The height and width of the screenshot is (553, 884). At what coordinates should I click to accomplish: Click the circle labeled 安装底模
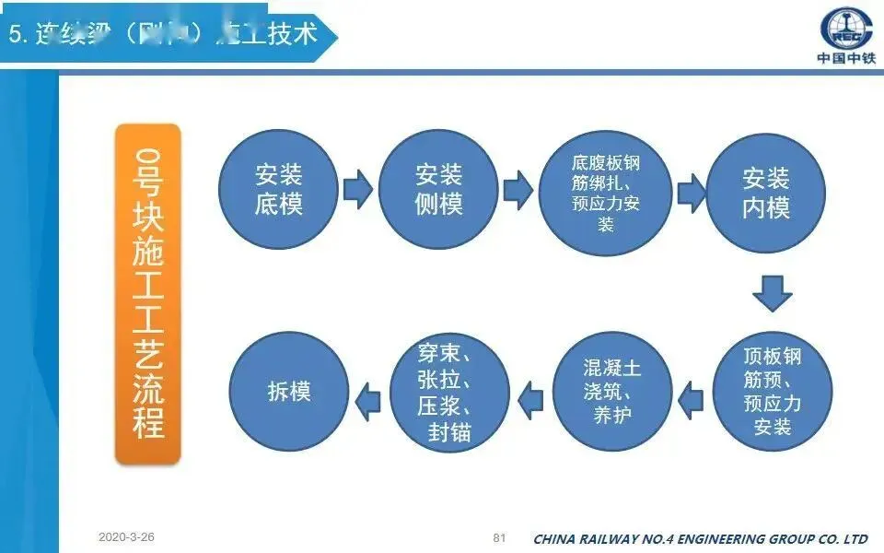[279, 192]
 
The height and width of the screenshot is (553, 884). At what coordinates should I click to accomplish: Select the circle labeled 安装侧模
[438, 192]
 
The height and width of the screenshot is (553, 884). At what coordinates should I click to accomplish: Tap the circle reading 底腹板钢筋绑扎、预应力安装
[605, 192]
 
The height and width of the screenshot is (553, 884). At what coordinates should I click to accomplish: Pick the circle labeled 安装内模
[766, 192]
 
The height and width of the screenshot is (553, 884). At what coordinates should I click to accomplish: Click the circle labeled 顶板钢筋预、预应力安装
[773, 392]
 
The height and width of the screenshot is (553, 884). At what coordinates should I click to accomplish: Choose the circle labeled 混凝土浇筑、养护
[612, 392]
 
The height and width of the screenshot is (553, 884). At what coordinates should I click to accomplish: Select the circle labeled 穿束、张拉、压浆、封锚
[450, 392]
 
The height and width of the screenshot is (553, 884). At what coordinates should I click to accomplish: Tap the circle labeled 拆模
[289, 392]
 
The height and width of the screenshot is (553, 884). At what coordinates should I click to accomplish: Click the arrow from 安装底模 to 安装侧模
[357, 191]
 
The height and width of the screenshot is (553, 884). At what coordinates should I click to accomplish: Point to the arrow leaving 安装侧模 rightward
[518, 191]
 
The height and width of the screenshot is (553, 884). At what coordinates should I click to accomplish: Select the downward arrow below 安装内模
[772, 292]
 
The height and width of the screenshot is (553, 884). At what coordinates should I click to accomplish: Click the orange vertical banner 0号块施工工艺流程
[147, 293]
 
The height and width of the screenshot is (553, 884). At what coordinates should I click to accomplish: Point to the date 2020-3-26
[127, 536]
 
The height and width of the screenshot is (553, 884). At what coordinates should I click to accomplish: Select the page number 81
[500, 536]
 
